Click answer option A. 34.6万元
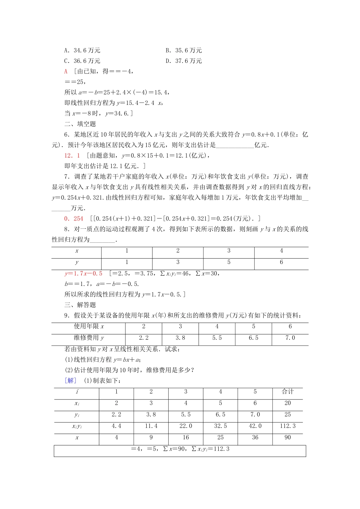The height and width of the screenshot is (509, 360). tap(82, 50)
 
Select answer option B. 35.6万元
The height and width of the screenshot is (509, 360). tap(183, 50)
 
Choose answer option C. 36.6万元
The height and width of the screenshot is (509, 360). tap(82, 61)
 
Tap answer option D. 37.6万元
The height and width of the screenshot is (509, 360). tap(183, 61)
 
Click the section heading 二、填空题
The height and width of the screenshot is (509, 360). tap(80, 124)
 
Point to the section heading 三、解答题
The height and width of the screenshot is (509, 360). tap(80, 305)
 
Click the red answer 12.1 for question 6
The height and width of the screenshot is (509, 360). tap(72, 155)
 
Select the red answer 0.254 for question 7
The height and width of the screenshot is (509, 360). tap(74, 219)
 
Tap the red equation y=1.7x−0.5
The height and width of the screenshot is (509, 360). tap(83, 273)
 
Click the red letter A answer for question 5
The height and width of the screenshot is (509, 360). tap(66, 72)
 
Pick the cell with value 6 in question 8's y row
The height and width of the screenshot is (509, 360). tap(281, 262)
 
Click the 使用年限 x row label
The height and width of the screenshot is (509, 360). tap(89, 326)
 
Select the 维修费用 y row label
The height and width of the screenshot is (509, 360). tap(89, 338)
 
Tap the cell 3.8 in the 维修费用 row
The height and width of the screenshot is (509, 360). tap(180, 338)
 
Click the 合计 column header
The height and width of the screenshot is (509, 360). tap(288, 392)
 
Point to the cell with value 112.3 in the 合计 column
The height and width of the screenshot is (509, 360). tap(288, 426)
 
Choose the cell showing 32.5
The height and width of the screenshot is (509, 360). tap(220, 426)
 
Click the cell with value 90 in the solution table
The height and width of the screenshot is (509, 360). tap(288, 437)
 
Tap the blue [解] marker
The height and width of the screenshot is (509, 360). tap(70, 381)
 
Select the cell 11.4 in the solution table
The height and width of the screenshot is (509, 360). tap(151, 426)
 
